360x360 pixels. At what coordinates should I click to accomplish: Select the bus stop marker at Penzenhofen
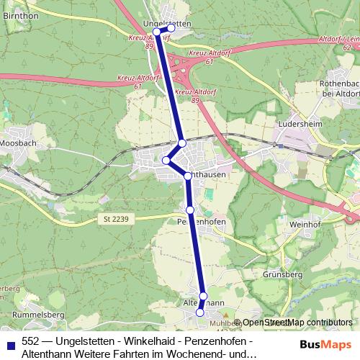pos(190,210)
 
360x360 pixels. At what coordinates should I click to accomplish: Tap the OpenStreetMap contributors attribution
pos(297,323)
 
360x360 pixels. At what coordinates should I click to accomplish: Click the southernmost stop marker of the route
pos(200,312)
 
